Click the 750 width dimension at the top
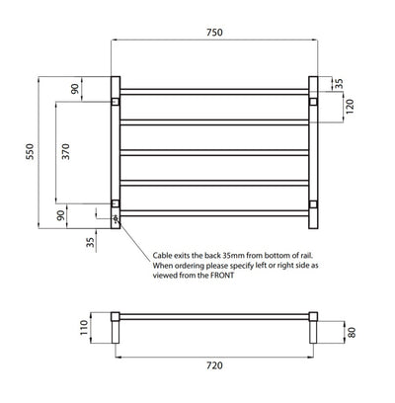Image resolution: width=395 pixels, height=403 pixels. (214, 33)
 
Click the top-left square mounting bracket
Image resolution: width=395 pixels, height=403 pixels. (116, 101)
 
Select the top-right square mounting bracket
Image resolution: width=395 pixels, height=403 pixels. (313, 101)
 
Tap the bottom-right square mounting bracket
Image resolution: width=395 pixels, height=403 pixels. (313, 204)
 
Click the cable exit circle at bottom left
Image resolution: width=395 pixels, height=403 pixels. (116, 217)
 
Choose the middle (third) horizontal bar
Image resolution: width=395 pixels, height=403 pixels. (214, 152)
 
